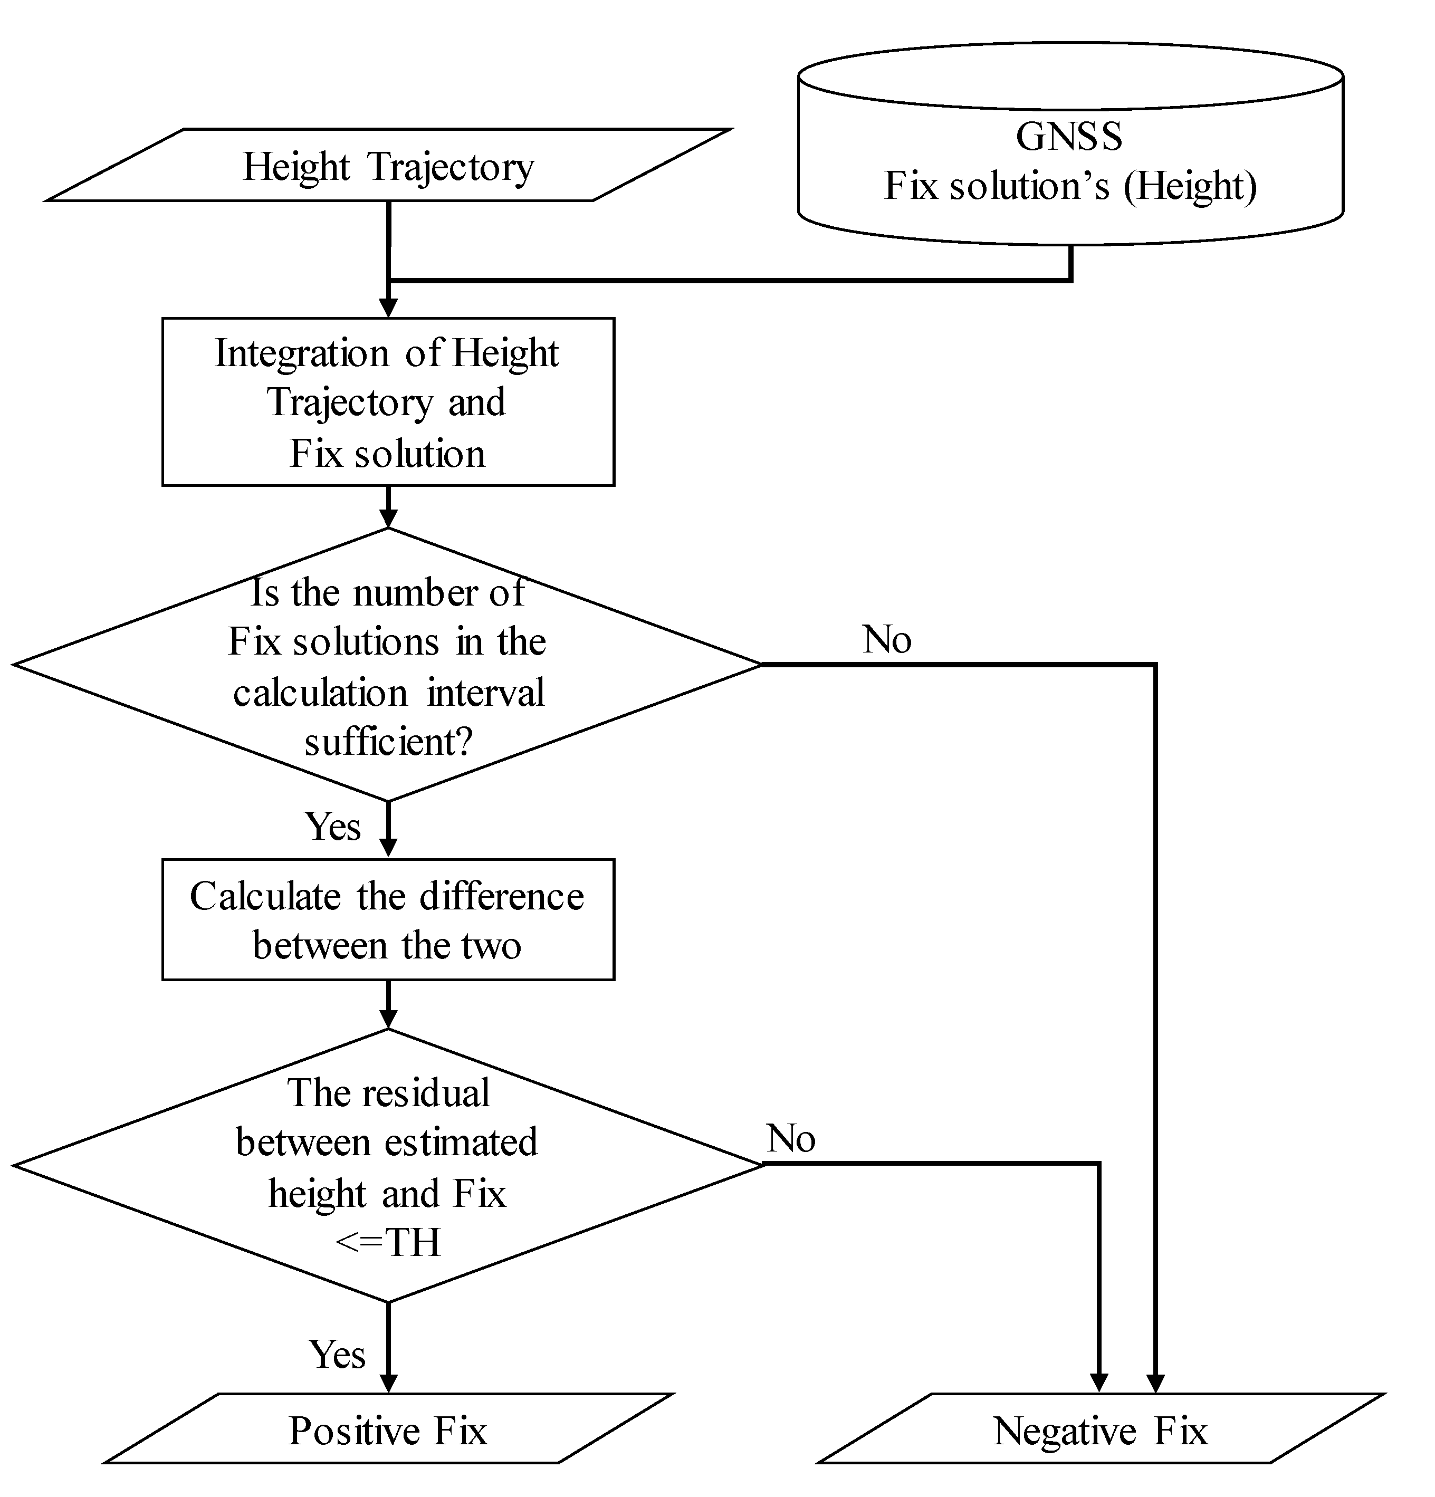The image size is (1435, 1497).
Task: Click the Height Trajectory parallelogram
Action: point(388,166)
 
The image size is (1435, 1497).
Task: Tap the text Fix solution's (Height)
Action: point(1070,186)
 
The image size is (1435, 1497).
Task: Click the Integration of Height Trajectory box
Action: point(388,402)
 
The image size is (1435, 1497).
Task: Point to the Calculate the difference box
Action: point(388,919)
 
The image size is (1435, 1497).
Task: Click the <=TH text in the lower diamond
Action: point(388,1242)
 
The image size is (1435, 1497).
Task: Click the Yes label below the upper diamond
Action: point(332,826)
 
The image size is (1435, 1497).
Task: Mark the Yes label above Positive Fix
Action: point(336,1354)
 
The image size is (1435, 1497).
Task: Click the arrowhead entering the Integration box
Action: point(388,309)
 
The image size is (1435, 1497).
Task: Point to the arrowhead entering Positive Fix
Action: point(388,1383)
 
